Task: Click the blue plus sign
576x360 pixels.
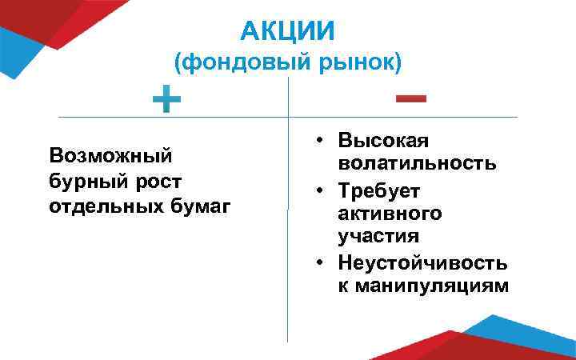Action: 167,102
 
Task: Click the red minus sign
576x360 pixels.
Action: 410,98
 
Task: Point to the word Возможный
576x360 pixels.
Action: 110,154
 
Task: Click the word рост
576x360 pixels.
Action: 158,181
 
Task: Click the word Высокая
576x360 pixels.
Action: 383,140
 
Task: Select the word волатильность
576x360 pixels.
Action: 417,164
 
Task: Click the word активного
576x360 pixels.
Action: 390,214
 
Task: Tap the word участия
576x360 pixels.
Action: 378,238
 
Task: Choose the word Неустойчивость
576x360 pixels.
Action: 422,262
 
